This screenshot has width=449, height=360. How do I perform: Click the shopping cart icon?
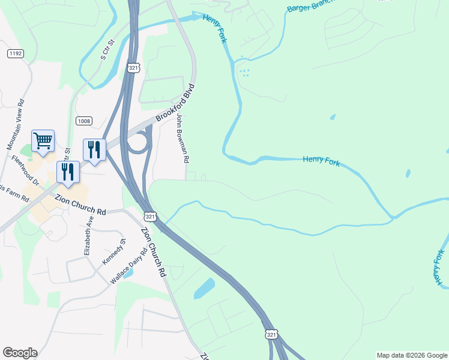coord(43,141)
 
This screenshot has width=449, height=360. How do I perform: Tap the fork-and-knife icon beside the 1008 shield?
coord(94,149)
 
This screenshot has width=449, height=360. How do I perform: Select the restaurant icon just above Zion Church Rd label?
coord(68,172)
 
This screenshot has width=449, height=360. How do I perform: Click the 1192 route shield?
coord(16,54)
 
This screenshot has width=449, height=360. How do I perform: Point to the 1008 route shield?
coord(83,121)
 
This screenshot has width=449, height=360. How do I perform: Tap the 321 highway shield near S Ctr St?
coord(133,68)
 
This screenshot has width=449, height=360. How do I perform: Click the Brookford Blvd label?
coord(176,102)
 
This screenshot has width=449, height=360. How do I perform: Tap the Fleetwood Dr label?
coord(25,170)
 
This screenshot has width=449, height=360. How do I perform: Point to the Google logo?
coord(19,353)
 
